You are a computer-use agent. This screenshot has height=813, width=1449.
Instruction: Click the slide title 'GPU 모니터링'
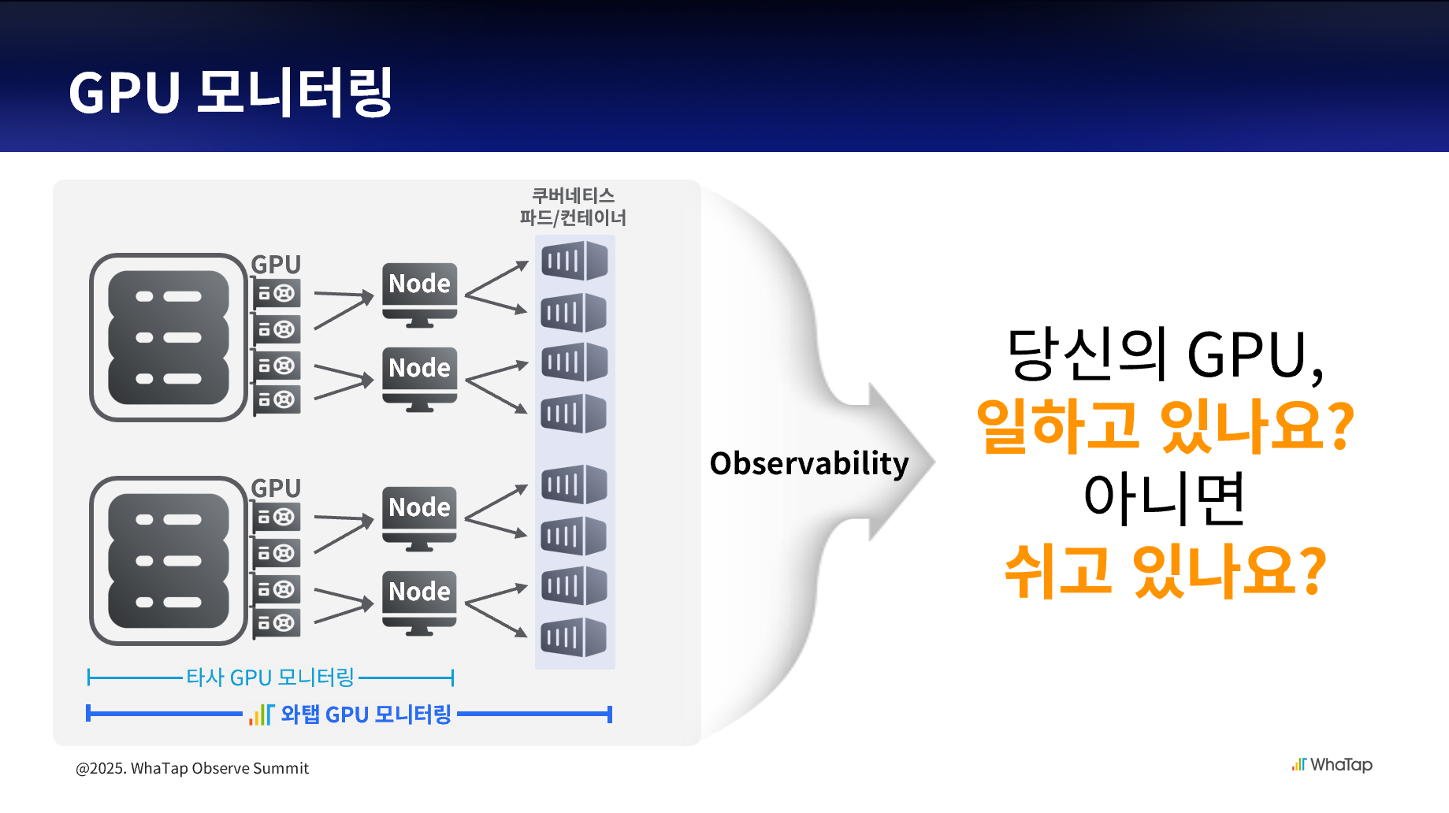230,92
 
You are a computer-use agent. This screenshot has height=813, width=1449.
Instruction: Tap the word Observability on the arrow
809,463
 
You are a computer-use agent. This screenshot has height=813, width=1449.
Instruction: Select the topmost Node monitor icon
419,293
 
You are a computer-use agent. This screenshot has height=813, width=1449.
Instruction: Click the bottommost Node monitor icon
419,601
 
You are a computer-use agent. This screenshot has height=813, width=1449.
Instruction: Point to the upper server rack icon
169,337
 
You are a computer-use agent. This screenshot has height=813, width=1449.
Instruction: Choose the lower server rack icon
169,560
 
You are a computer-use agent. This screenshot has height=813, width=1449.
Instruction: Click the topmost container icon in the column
574,261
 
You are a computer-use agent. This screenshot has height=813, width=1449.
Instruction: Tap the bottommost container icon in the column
574,637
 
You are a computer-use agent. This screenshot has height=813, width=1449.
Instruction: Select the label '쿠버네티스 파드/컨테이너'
573,206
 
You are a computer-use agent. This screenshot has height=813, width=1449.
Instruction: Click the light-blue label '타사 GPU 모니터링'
270,677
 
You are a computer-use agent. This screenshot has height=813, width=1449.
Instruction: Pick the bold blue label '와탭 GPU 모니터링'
366,715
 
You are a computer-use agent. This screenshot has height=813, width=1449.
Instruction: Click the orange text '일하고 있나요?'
1165,426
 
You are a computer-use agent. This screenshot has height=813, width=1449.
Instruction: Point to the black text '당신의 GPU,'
1165,355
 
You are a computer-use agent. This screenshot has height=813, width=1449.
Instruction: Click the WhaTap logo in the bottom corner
1332,764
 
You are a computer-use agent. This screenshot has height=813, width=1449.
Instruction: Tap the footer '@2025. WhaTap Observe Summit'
192,768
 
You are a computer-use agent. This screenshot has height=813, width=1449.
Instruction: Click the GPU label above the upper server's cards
276,264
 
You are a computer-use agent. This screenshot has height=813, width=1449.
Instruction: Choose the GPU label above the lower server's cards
276,488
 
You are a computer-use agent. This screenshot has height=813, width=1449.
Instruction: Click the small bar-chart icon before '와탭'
261,715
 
